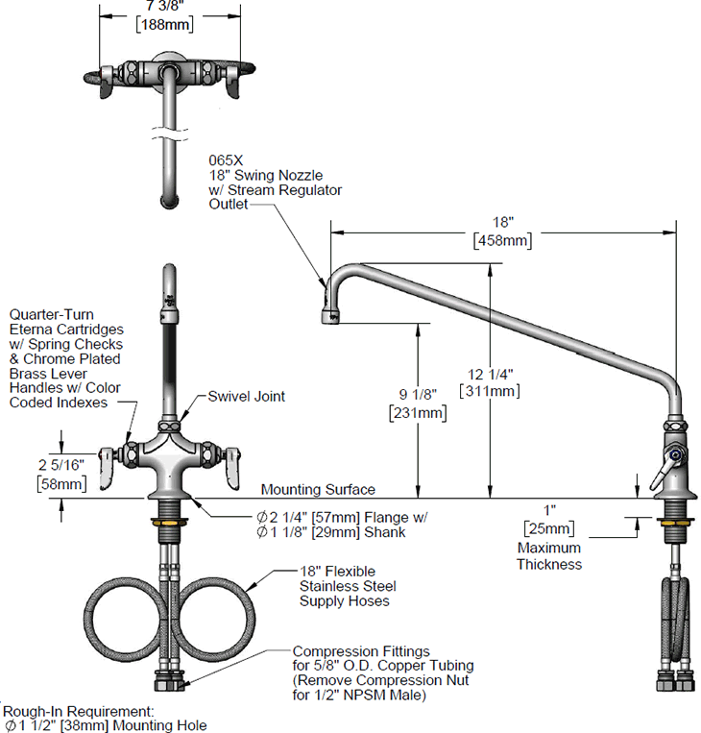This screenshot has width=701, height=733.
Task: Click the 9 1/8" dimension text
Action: (419, 395)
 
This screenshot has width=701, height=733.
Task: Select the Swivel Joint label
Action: (247, 396)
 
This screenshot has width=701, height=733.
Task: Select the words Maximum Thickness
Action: (548, 555)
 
